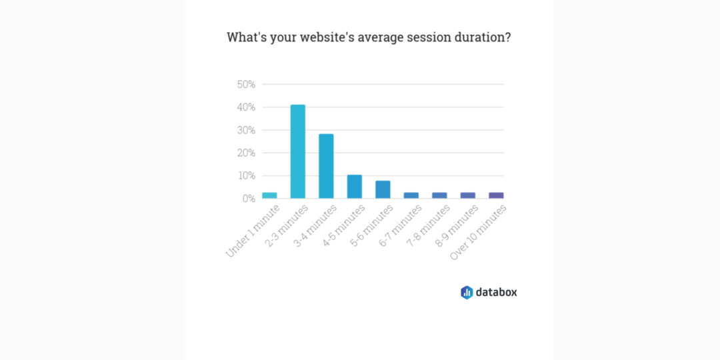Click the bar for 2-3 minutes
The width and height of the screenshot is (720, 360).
pos(297,151)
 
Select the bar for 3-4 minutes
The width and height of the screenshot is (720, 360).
pos(326,166)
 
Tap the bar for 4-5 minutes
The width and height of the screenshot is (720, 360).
pos(355,187)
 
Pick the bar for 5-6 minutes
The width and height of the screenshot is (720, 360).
pos(383,189)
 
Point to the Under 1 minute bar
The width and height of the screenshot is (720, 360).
pos(269,195)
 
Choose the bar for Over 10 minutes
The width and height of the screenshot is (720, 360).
pos(496,195)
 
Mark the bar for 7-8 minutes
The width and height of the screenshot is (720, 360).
pos(439,195)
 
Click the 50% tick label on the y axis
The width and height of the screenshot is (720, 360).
pos(246,85)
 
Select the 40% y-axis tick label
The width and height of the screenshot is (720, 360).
pos(246,107)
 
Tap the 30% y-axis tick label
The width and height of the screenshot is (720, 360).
pos(246,130)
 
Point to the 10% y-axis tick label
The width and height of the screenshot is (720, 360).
pos(246,176)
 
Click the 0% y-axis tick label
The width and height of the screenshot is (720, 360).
pos(249,199)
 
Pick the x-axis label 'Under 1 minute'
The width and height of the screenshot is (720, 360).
pos(253,231)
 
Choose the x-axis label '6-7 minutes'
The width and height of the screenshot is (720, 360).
pos(401,225)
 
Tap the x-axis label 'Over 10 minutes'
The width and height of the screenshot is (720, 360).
pos(479,233)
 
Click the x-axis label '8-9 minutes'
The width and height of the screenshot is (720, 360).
pos(457,225)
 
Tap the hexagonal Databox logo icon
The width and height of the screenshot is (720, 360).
pos(467,293)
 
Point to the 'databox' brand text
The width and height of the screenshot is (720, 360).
pos(497,292)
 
